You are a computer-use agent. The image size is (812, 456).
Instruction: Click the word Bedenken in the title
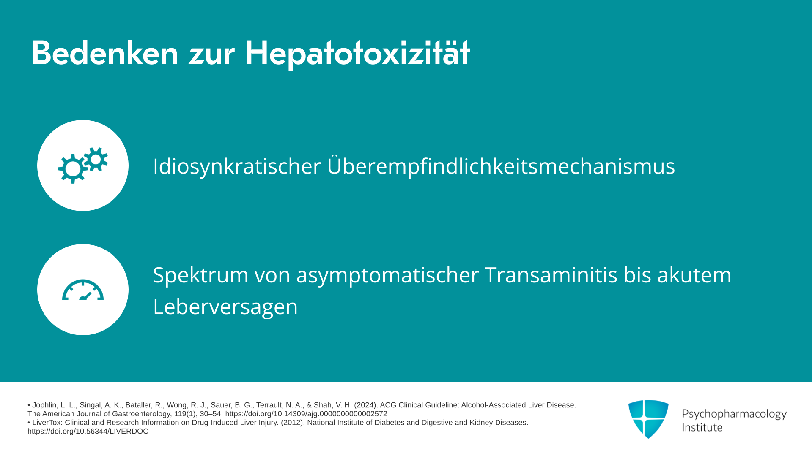(105, 53)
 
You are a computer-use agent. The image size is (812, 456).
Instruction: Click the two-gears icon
(83, 165)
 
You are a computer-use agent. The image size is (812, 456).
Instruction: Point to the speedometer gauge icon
(83, 290)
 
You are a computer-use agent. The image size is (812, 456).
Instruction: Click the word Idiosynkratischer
(237, 166)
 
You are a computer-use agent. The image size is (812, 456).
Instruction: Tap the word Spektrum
(201, 275)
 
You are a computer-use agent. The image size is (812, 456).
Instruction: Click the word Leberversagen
(225, 307)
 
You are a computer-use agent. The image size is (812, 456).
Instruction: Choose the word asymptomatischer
(387, 275)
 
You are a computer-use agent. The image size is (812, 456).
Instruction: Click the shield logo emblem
(648, 419)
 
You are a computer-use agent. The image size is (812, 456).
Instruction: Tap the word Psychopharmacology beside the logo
(734, 414)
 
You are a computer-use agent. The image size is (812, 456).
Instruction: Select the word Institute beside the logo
(702, 427)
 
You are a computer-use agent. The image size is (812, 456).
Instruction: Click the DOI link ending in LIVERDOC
(88, 432)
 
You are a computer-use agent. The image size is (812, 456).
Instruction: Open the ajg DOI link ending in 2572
(306, 414)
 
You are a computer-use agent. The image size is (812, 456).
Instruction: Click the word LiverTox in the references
(47, 423)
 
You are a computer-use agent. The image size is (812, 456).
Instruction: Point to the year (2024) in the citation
(366, 405)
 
